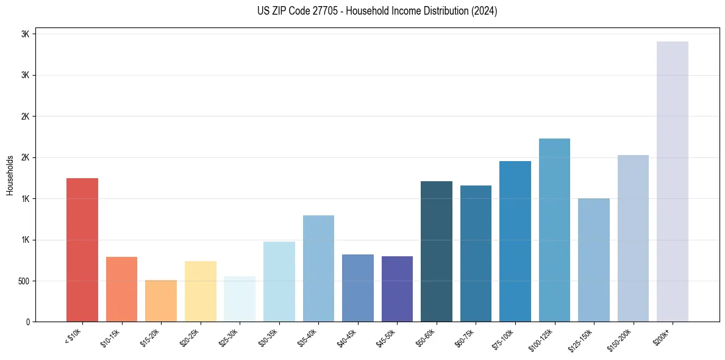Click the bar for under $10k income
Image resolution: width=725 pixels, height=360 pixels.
[x=82, y=250]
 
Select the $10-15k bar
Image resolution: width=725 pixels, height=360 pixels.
[x=121, y=289]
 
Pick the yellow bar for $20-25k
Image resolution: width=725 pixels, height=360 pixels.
[x=201, y=291]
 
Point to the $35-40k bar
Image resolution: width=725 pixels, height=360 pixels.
[x=318, y=268]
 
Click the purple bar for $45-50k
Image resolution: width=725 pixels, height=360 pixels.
[x=397, y=289]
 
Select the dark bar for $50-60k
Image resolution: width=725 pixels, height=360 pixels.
[x=437, y=251]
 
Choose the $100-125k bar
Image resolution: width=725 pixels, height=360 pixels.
[x=554, y=230]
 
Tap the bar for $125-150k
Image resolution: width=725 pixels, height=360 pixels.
[x=594, y=260]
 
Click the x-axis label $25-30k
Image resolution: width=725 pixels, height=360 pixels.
[x=229, y=337]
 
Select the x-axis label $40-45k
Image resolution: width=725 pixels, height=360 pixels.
[x=347, y=337]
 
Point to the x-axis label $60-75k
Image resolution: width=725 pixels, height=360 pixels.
[x=465, y=337]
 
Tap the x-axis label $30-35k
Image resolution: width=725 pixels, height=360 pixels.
[x=268, y=337]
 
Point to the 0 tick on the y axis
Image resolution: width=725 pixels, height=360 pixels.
[x=28, y=322]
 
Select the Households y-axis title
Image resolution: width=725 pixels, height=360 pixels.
[x=10, y=175]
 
